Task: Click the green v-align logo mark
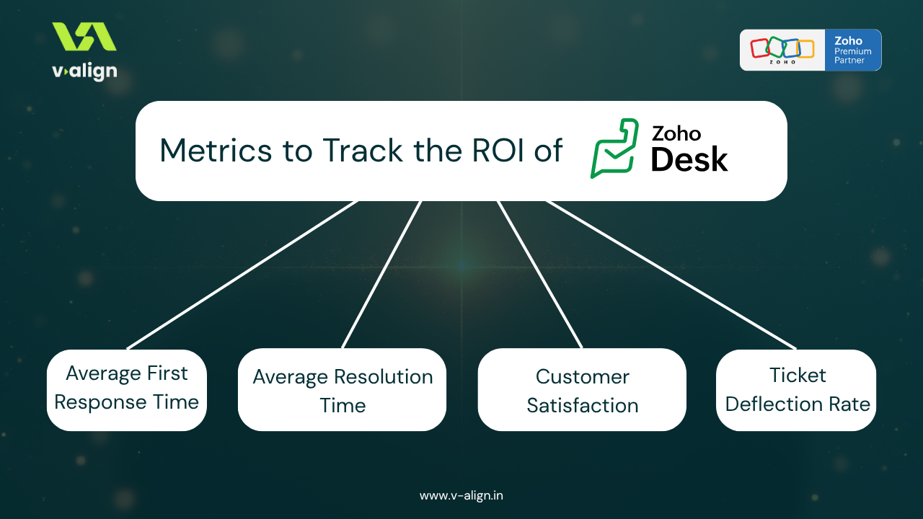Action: point(84,37)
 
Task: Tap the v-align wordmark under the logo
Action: point(84,71)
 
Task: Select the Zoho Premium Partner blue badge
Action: point(852,50)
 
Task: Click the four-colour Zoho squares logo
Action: point(782,49)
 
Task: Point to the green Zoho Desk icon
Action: point(614,148)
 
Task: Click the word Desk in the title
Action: point(689,159)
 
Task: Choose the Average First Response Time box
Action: point(127,389)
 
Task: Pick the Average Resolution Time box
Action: point(343,390)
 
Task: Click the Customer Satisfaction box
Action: point(582,390)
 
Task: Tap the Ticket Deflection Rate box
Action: point(797,390)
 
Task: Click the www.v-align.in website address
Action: point(461,495)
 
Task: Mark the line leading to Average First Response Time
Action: point(242,275)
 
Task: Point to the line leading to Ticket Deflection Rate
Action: point(671,275)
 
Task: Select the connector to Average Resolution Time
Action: point(381,275)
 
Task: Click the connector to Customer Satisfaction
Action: point(539,275)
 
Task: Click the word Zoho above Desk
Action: point(676,133)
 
